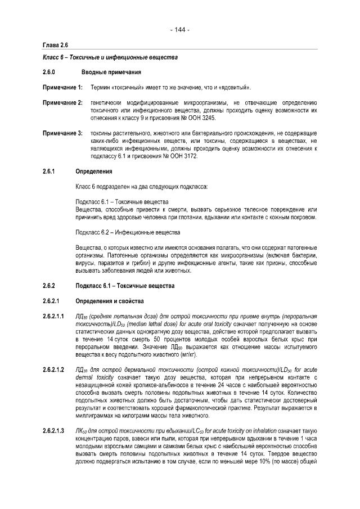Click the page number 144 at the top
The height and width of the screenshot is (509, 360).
coord(180,29)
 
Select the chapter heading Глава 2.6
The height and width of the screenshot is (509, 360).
coord(56,44)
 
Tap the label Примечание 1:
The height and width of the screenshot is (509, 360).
coord(63,88)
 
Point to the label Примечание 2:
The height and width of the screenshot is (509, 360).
coord(63,103)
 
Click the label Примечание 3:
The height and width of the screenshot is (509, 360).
coord(63,133)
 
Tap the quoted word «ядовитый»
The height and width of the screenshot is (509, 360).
coord(236,88)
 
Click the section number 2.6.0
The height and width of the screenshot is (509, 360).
coord(51,73)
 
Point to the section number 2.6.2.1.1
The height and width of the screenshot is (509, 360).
coord(55,316)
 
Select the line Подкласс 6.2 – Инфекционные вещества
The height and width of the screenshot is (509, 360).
coord(128,232)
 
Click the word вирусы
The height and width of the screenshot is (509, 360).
coord(85,263)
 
